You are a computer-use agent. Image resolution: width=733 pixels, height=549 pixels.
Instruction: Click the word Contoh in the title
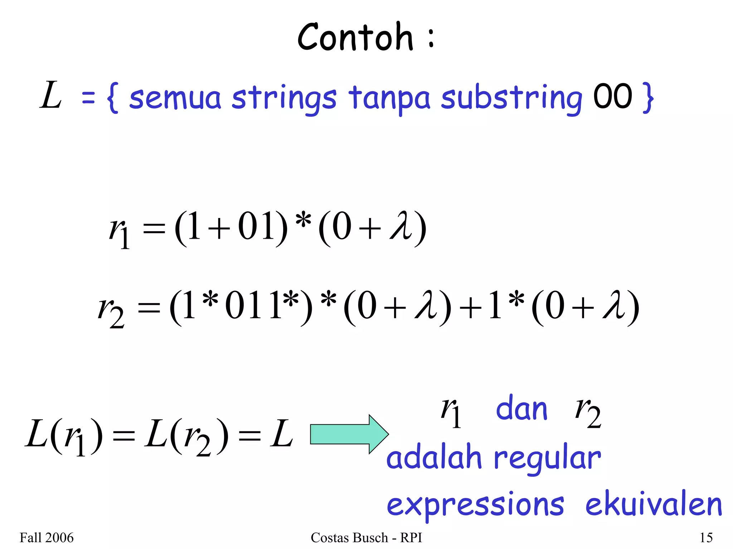pyautogui.click(x=355, y=37)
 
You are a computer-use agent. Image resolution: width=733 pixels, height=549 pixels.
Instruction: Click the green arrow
pyautogui.click(x=349, y=434)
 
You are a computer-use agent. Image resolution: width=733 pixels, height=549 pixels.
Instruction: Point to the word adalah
pyautogui.click(x=434, y=458)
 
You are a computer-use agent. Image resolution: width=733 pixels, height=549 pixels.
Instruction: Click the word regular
pyautogui.click(x=547, y=459)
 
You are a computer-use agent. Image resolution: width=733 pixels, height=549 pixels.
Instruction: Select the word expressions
pyautogui.click(x=475, y=505)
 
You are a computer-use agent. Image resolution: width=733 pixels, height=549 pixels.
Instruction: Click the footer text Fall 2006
pyautogui.click(x=47, y=538)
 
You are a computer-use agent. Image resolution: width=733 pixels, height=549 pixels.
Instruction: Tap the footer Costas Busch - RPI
pyautogui.click(x=366, y=538)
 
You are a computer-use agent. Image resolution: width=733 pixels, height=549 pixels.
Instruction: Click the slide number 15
pyautogui.click(x=706, y=538)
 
